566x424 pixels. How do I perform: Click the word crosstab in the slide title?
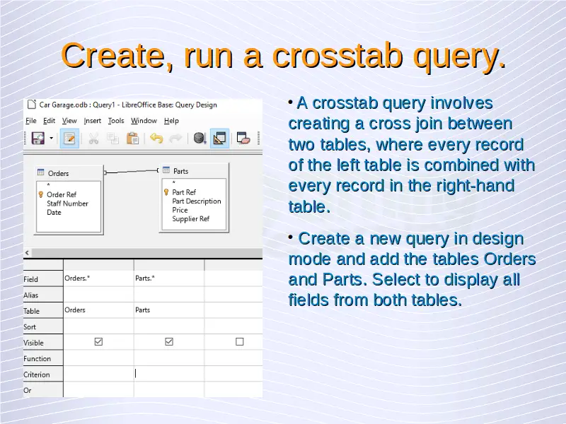337,56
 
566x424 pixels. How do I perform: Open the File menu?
31,121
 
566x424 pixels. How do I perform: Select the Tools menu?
116,121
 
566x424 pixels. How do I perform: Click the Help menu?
171,121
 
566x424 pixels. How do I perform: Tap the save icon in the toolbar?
38,138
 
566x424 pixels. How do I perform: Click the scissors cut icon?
93,139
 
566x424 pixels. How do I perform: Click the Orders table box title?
58,173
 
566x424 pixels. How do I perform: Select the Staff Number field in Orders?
67,204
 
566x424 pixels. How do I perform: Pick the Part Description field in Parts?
197,201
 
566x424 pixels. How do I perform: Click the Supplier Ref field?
191,219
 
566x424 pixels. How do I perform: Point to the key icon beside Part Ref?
166,192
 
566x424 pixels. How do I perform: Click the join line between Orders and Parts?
132,172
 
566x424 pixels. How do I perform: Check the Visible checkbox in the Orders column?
98,341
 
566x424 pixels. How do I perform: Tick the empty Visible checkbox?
240,341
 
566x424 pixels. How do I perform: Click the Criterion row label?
37,375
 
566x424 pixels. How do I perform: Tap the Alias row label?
30,295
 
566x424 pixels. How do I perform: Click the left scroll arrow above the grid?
27,253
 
